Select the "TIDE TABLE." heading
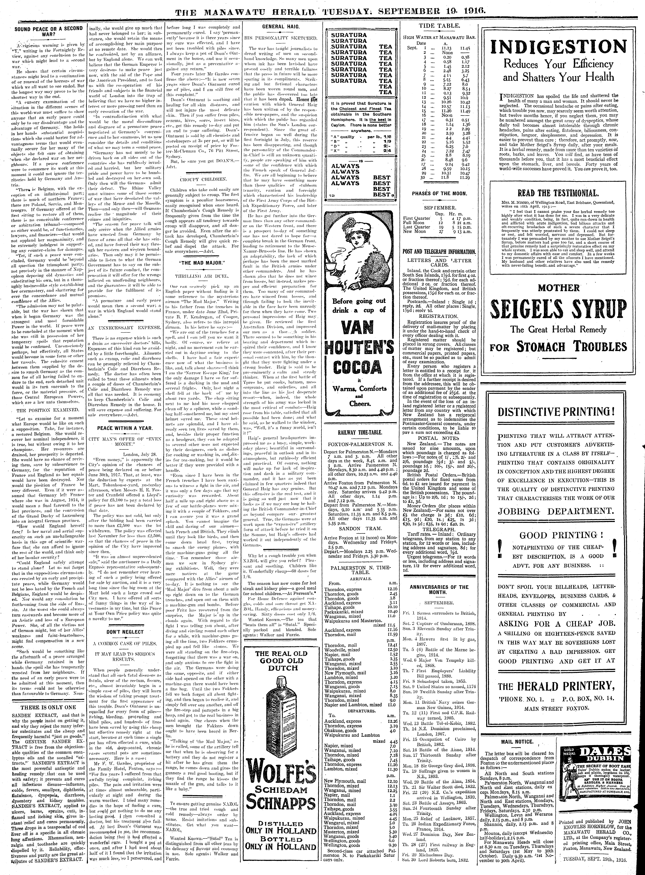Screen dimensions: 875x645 tap(439, 27)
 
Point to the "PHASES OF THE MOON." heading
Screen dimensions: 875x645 tap(439, 193)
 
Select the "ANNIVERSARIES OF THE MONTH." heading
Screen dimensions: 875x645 tap(439, 589)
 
